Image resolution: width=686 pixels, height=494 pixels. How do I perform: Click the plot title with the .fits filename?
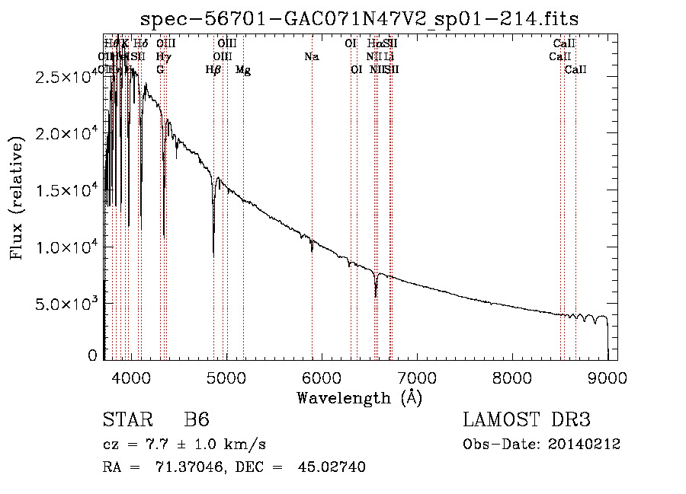[360, 19]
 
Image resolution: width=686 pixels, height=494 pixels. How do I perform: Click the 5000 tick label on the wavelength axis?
[226, 377]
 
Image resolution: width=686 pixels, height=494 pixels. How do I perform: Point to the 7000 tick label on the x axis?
[416, 377]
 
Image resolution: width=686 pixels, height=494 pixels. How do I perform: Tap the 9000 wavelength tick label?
[607, 377]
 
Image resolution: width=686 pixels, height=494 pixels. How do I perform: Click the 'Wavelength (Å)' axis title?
[359, 397]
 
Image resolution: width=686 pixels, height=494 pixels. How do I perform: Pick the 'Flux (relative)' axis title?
[17, 198]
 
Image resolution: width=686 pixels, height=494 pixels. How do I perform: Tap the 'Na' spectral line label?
[311, 57]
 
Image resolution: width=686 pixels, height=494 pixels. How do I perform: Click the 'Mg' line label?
[243, 70]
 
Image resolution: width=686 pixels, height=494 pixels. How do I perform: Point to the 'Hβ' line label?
[213, 70]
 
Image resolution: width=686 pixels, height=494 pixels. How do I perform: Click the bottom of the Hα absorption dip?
[376, 295]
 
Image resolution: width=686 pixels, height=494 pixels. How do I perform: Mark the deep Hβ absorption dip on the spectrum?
[213, 251]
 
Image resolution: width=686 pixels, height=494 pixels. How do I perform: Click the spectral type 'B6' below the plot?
[197, 421]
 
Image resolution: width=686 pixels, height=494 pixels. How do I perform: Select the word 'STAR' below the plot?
[127, 421]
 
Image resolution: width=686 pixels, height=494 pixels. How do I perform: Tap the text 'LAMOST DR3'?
[526, 421]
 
